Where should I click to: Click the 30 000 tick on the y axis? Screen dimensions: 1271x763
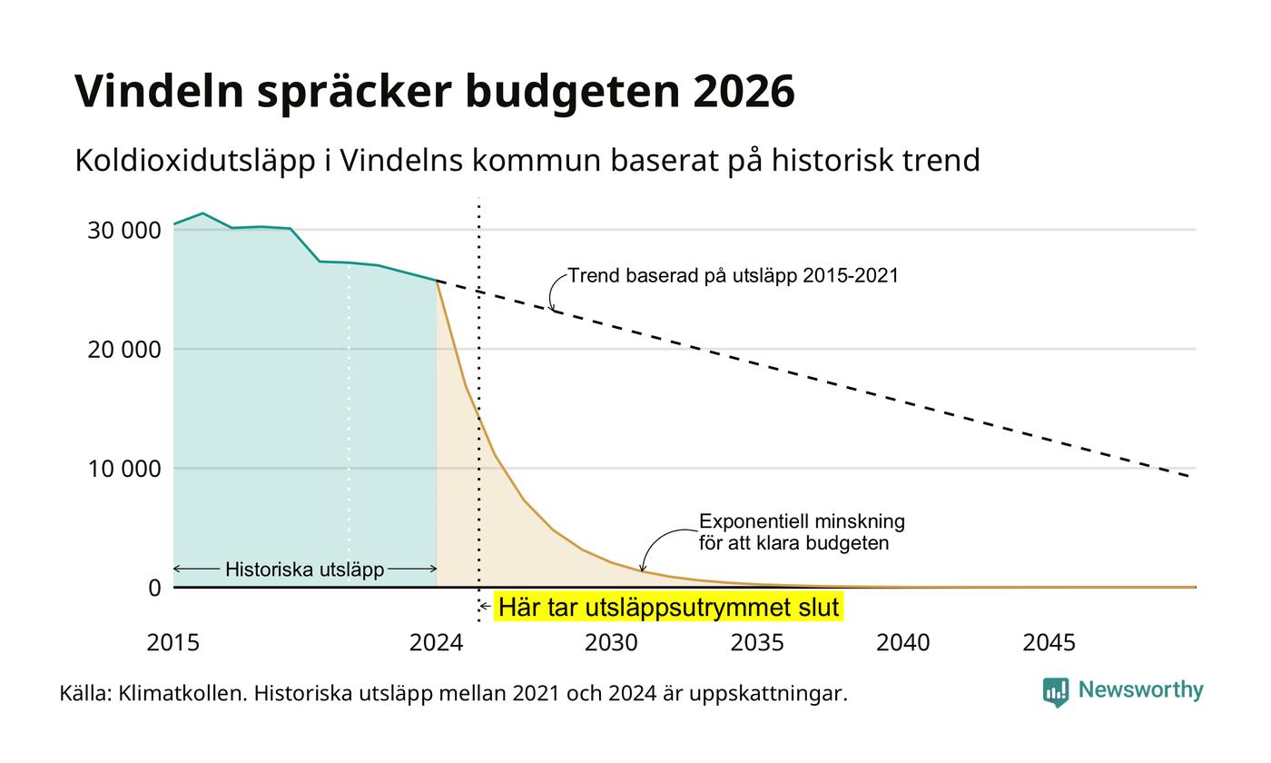click(124, 231)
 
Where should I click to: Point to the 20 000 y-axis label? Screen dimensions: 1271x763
click(124, 350)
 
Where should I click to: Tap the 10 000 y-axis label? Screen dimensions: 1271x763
click(124, 469)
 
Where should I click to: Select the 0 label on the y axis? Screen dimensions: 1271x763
click(155, 589)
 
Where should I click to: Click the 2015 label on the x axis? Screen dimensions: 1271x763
click(173, 643)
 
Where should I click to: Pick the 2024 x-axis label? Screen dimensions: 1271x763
click(437, 643)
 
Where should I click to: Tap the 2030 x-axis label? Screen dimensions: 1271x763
click(611, 643)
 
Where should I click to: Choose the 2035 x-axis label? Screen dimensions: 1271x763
click(757, 643)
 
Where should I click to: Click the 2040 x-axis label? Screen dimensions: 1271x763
click(902, 643)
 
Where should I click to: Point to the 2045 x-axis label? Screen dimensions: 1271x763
click(1049, 643)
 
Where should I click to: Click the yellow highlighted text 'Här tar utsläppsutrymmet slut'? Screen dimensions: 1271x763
click(668, 607)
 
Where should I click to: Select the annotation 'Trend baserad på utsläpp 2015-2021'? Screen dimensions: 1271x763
click(734, 276)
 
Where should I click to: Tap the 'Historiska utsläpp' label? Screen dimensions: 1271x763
click(305, 570)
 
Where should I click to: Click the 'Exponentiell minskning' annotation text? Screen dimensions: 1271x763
click(802, 521)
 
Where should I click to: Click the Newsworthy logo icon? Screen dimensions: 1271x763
click(1055, 692)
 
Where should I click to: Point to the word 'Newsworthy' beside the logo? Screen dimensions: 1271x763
click(1140, 689)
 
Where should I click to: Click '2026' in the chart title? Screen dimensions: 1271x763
click(744, 91)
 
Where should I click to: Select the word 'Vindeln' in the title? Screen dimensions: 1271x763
click(160, 91)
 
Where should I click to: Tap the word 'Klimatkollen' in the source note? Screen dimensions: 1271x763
click(182, 693)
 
